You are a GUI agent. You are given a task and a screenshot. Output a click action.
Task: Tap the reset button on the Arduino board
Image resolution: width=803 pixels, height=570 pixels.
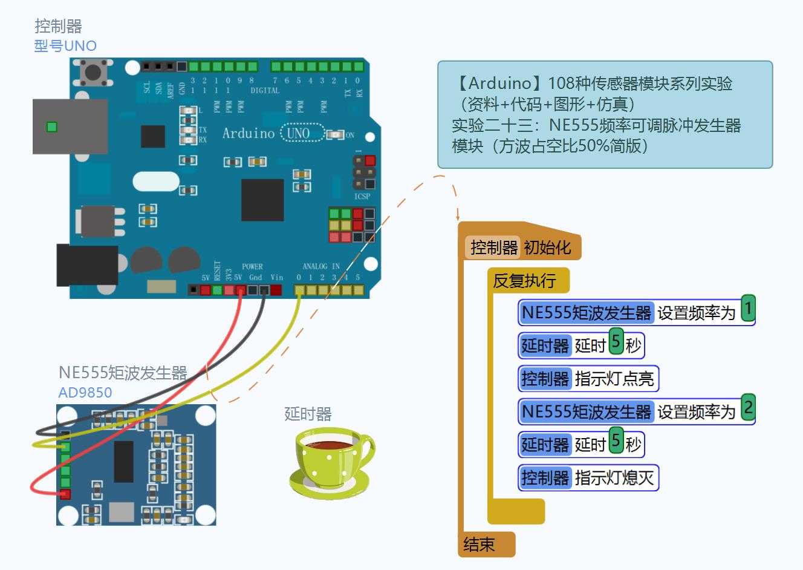[93, 73]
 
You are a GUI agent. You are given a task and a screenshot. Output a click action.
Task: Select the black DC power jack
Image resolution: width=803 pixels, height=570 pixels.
[86, 265]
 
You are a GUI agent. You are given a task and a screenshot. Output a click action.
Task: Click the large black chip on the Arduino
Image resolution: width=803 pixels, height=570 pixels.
[262, 200]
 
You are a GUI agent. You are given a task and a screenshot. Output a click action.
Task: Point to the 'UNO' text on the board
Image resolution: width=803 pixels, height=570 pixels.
[298, 133]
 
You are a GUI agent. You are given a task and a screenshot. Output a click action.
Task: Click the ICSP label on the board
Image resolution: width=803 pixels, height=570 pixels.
[362, 197]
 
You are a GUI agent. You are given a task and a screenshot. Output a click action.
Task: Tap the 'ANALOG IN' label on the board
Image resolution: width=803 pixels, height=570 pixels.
[320, 266]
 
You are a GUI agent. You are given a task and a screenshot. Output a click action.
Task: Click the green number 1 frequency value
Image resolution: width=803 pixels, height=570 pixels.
[748, 309]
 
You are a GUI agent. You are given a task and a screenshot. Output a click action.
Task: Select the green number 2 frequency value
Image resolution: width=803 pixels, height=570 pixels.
[748, 407]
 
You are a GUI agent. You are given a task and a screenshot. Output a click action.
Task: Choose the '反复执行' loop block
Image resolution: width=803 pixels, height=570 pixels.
[524, 281]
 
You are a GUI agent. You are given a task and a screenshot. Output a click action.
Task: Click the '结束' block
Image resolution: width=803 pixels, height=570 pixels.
[480, 545]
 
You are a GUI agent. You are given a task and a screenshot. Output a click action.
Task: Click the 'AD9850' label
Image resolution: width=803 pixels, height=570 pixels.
[85, 392]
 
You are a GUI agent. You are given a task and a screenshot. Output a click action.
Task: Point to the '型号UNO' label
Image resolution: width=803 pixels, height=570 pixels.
[65, 46]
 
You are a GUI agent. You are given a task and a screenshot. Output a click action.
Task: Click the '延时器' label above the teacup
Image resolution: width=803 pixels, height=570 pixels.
[308, 414]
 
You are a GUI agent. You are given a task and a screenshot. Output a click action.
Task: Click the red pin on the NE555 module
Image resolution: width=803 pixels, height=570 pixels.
[65, 494]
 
